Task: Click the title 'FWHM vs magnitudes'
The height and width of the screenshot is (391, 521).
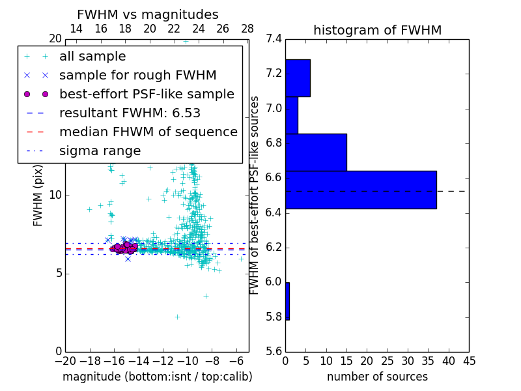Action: tap(148, 15)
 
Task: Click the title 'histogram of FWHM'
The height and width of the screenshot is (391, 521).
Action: tap(377, 30)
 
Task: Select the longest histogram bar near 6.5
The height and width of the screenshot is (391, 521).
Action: tap(361, 190)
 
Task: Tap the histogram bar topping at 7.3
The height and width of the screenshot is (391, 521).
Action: tap(298, 78)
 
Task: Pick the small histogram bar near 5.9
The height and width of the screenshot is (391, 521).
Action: tap(287, 301)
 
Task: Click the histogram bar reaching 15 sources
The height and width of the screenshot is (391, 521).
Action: tap(316, 152)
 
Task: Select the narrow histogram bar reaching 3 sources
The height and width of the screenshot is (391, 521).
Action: tap(292, 115)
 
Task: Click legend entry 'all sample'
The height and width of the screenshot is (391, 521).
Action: tap(92, 57)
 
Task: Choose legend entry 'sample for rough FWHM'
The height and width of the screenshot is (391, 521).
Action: tap(137, 76)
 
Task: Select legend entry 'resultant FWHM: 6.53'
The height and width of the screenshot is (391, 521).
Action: tap(130, 113)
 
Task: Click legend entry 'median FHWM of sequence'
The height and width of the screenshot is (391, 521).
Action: tap(148, 132)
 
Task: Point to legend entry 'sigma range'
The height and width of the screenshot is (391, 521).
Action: tap(100, 151)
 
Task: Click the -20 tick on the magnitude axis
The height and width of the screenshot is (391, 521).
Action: tap(65, 361)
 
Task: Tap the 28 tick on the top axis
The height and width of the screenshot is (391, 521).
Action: tap(247, 29)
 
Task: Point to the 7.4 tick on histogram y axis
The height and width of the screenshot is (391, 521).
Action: tap(274, 39)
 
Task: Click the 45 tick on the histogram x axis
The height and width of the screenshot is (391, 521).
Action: tap(469, 361)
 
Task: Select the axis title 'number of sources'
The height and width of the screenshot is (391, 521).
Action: tap(377, 377)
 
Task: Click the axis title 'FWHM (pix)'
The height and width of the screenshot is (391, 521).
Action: tap(38, 195)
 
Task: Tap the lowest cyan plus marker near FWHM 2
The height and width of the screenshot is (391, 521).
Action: tap(177, 317)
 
